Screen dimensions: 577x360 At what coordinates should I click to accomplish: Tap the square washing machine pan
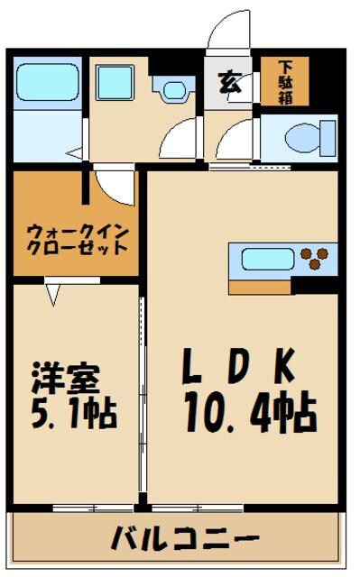tap(115, 84)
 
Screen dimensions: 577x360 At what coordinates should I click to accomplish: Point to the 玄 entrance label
tap(228, 82)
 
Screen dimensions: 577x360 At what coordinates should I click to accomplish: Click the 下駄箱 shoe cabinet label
tap(285, 81)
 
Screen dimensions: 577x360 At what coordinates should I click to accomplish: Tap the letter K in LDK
tap(283, 368)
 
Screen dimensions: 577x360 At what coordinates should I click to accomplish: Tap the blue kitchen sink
tap(268, 260)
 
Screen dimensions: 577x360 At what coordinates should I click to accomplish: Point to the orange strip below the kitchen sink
tap(259, 287)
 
